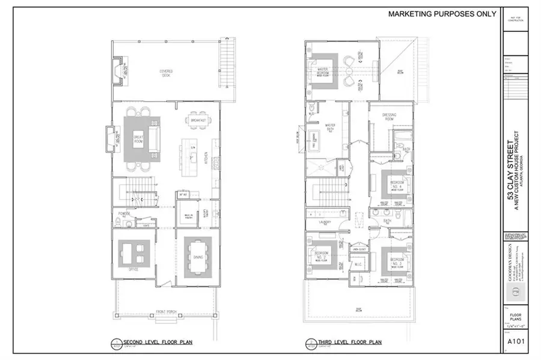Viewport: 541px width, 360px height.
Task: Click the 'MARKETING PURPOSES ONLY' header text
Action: [x=442, y=13]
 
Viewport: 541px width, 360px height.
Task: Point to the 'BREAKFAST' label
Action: [x=198, y=121]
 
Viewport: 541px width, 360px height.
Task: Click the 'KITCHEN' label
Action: [x=206, y=158]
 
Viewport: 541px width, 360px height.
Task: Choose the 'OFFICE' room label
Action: [x=133, y=270]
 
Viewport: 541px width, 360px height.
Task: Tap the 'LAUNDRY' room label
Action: [x=323, y=221]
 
